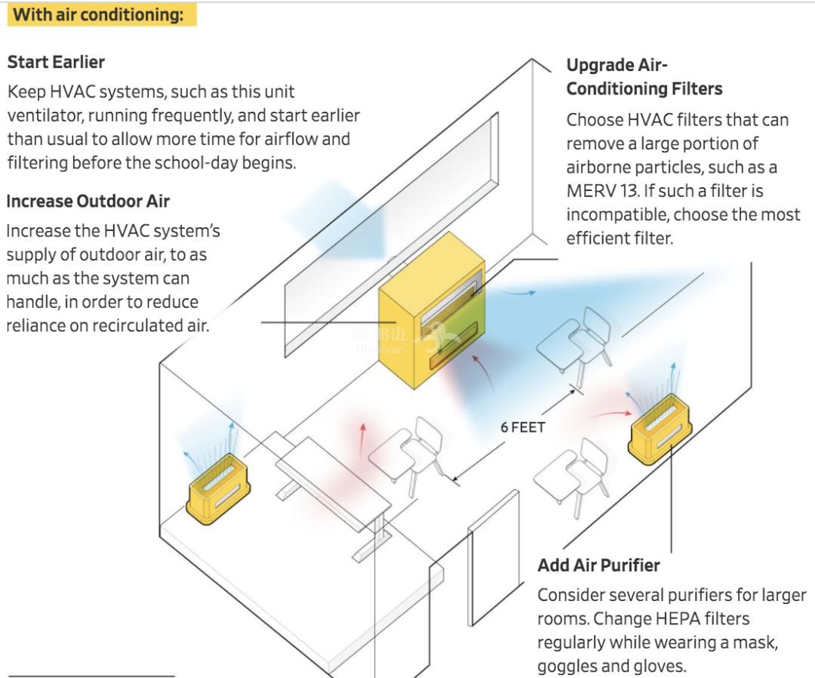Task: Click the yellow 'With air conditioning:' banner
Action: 102,14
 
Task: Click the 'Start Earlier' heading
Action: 56,62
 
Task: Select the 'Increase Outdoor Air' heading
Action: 88,202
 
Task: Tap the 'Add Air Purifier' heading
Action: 598,566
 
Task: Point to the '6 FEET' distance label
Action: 523,427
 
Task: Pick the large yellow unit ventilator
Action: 432,310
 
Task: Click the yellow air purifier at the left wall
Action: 218,488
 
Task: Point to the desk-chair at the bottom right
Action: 571,476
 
